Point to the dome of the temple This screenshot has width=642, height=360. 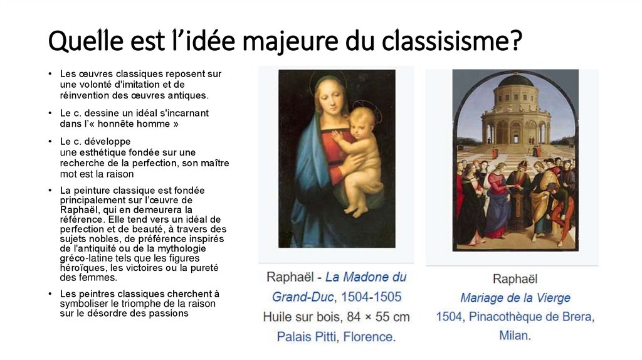click(515, 81)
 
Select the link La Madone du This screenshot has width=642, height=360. click(366, 277)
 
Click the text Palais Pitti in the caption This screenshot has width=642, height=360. click(307, 337)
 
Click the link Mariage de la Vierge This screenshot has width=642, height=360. click(515, 298)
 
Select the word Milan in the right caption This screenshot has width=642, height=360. click(514, 336)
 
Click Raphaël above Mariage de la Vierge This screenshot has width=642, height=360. click(515, 278)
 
